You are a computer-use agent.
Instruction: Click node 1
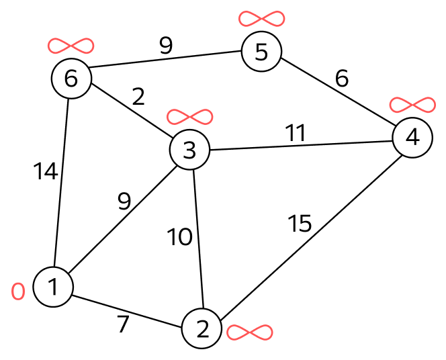(53, 287)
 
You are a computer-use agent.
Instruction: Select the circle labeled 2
(202, 328)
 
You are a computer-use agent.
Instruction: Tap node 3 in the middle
(189, 150)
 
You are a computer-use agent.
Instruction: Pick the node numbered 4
(412, 137)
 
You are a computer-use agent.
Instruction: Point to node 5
(262, 52)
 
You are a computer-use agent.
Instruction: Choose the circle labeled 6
(71, 78)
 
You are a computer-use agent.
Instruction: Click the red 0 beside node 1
(18, 291)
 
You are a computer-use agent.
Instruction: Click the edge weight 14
(46, 171)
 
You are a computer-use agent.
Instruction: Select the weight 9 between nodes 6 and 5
(166, 46)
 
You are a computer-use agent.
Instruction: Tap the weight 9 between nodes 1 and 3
(124, 201)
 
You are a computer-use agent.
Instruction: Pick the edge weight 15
(300, 223)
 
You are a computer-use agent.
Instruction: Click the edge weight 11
(296, 133)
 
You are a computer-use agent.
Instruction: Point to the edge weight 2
(138, 97)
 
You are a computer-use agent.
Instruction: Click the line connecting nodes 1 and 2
(127, 312)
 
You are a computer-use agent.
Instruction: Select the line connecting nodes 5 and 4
(337, 91)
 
